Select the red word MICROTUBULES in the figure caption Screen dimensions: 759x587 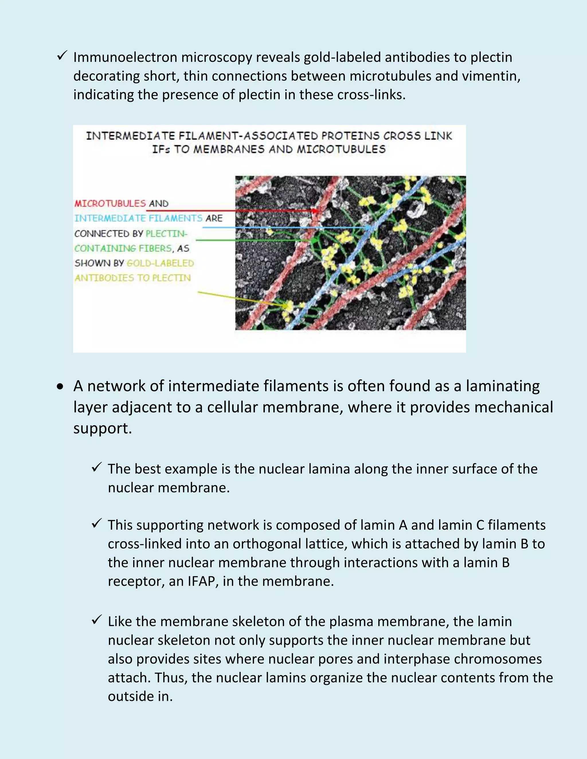(x=110, y=203)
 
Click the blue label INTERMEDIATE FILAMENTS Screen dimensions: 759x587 (x=138, y=218)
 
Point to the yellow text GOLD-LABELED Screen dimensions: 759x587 (x=160, y=263)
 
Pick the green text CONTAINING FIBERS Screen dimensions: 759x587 (x=123, y=248)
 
